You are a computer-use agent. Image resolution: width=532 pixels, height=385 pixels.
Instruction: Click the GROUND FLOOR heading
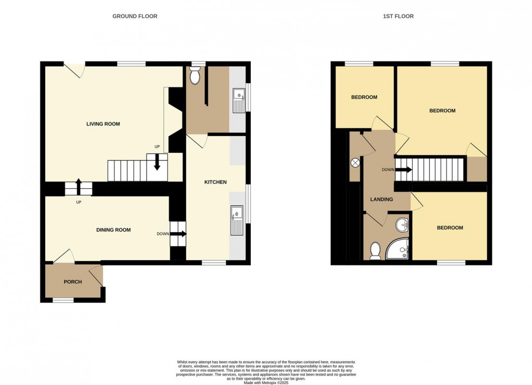point(135,16)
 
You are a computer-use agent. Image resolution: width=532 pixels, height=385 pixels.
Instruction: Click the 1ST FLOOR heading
point(398,16)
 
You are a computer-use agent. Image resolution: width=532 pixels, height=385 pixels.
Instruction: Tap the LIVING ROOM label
point(103,124)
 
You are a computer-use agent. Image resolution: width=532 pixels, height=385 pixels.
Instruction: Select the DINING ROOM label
point(113,230)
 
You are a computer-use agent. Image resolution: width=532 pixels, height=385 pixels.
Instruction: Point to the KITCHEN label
point(215,182)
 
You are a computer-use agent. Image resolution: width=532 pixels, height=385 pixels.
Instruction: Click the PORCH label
point(72,282)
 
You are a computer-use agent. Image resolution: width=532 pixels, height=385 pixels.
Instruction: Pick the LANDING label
point(381,199)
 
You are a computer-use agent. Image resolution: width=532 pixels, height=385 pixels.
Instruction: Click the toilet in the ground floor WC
point(195,75)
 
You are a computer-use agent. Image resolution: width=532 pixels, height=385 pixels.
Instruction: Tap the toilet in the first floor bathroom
point(375,251)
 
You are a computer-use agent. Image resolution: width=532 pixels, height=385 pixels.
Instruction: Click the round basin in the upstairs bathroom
point(402,224)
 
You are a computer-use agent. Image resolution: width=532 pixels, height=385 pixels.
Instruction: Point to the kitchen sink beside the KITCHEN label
point(237,220)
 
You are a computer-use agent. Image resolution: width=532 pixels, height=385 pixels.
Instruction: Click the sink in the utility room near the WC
point(239,101)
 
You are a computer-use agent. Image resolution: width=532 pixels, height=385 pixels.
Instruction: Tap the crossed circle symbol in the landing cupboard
point(355,163)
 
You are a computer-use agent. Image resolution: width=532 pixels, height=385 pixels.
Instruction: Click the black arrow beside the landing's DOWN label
point(404,170)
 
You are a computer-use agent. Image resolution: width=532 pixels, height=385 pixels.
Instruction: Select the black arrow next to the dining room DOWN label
point(178,234)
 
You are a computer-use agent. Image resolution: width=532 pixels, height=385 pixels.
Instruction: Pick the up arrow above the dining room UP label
point(78,187)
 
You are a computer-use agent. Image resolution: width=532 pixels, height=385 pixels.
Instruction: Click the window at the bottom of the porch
point(63,300)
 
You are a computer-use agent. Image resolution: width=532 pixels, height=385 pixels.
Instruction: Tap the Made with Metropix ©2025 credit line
point(266,382)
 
